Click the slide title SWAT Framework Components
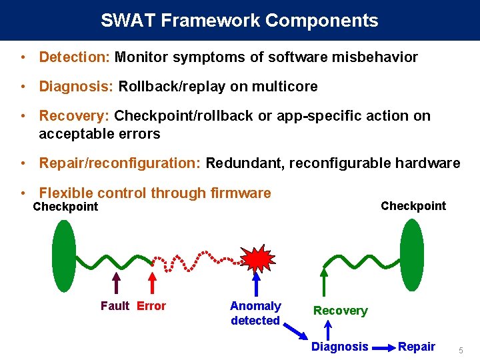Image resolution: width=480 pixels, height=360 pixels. click(239, 21)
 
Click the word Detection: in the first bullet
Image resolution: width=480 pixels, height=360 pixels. click(74, 57)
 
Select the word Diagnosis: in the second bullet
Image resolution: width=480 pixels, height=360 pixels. click(76, 87)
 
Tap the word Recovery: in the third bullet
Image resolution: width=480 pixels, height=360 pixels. click(74, 116)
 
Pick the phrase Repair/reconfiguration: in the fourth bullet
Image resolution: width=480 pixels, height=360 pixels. click(120, 163)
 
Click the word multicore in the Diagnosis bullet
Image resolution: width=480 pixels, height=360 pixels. click(287, 87)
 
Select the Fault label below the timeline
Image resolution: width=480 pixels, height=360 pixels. click(115, 306)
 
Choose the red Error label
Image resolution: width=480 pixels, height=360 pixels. click(151, 306)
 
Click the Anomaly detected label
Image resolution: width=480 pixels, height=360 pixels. click(255, 313)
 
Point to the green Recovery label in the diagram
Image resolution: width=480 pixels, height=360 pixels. click(340, 311)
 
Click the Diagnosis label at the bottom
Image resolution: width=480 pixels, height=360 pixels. click(339, 347)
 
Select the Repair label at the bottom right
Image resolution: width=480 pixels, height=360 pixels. click(417, 347)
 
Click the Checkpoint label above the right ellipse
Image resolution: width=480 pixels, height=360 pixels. click(413, 206)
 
